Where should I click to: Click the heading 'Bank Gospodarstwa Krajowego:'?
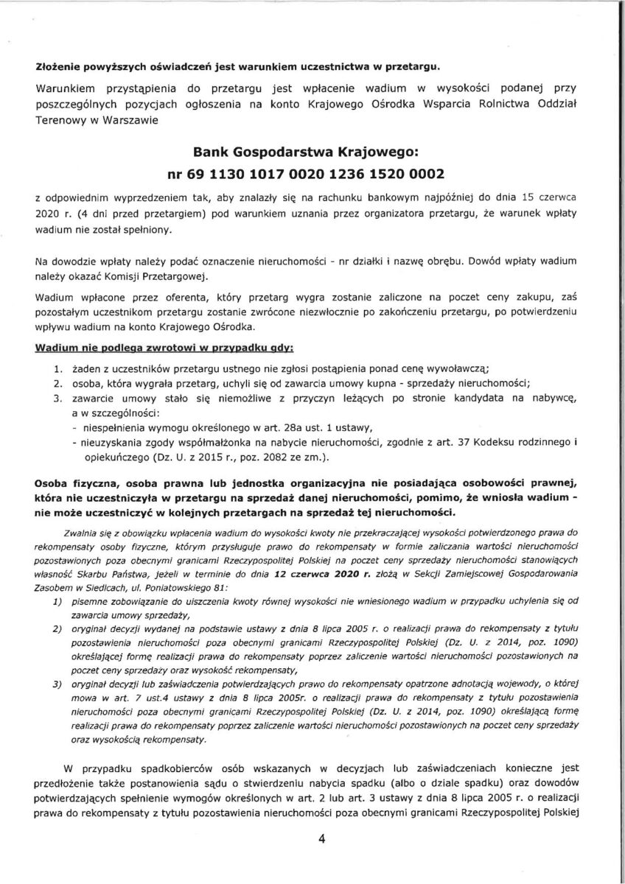[306, 152]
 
